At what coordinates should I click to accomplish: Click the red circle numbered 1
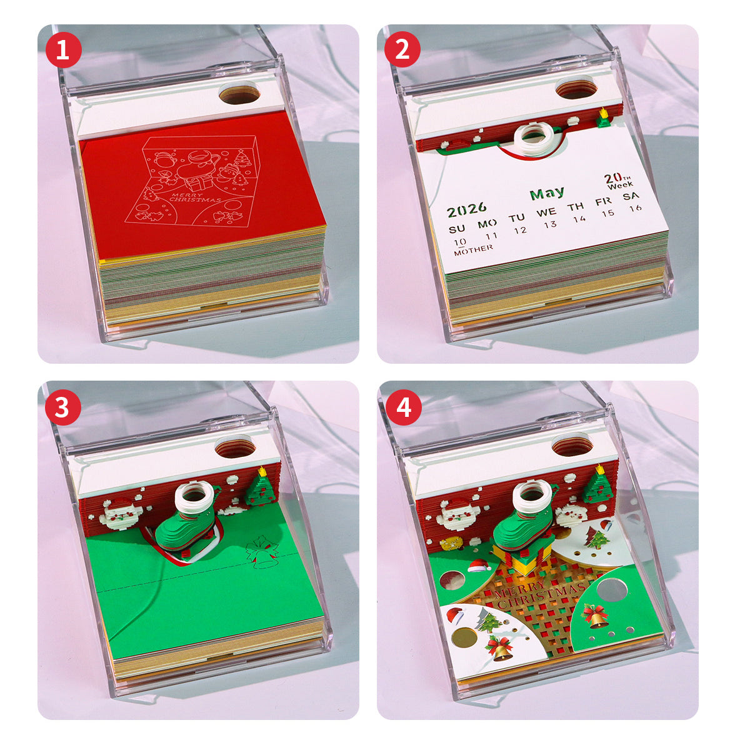tap(63, 50)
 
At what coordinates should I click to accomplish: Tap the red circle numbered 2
tap(402, 50)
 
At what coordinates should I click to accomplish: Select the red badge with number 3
tap(63, 407)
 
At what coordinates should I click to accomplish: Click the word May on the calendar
tap(547, 193)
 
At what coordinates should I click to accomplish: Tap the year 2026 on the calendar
tap(467, 209)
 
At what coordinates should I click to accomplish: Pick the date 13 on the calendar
tap(549, 224)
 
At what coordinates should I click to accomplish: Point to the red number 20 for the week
tap(612, 179)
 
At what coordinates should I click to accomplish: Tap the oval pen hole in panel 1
tap(239, 94)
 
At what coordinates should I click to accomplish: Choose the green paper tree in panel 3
tap(261, 486)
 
